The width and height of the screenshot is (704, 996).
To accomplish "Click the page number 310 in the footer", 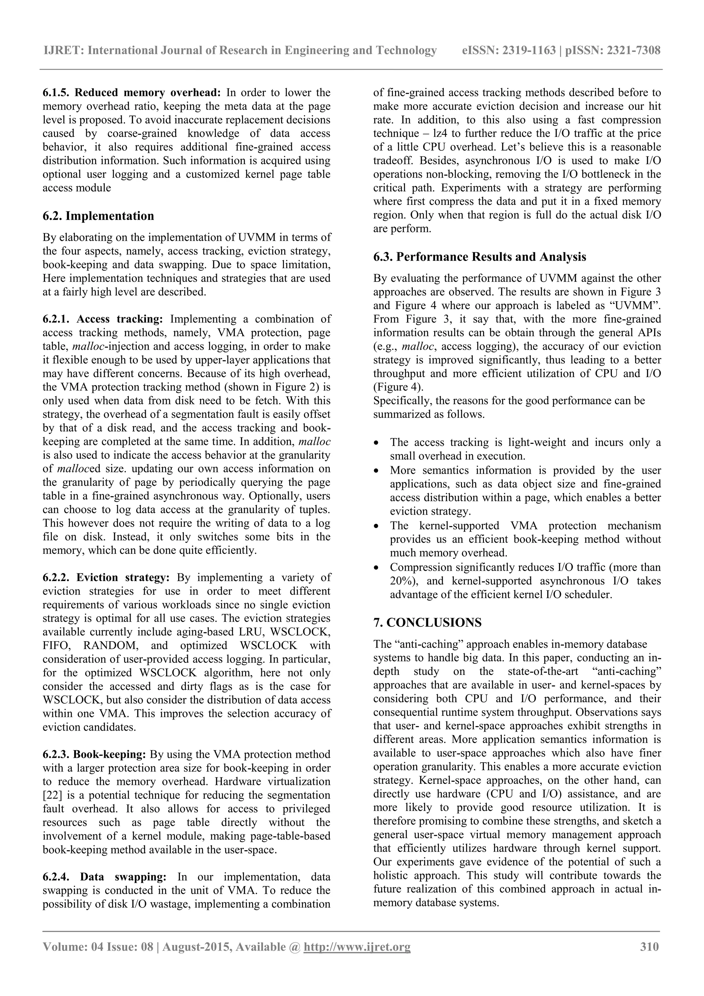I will click(x=649, y=946).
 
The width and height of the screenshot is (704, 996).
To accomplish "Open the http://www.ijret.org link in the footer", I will click(x=357, y=946).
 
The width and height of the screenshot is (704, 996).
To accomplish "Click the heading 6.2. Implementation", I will click(x=98, y=216).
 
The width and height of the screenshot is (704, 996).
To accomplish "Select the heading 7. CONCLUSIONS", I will click(x=427, y=623).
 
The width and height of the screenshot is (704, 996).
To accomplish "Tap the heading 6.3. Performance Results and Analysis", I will click(x=479, y=257).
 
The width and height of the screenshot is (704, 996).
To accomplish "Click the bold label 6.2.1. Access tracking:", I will click(x=103, y=319).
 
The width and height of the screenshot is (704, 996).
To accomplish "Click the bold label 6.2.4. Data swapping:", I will click(x=104, y=877).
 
